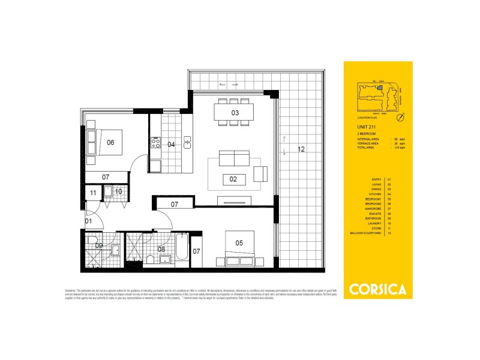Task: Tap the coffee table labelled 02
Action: click(234, 178)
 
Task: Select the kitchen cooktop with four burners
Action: click(155, 143)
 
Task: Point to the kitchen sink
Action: click(187, 143)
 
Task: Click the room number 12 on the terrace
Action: click(301, 149)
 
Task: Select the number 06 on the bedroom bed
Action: click(110, 142)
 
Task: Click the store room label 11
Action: click(93, 193)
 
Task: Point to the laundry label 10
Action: click(118, 192)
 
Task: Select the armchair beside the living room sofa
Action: click(261, 174)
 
